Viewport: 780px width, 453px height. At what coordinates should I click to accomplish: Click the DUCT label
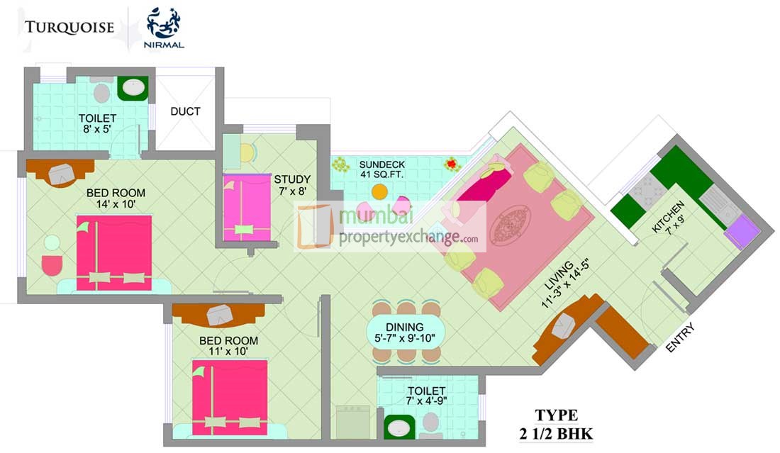(185, 111)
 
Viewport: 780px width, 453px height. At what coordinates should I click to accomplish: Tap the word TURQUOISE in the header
(69, 28)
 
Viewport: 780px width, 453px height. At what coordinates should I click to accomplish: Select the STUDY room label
(292, 179)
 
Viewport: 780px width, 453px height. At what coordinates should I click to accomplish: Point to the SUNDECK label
(382, 164)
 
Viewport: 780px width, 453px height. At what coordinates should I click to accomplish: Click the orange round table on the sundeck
(379, 191)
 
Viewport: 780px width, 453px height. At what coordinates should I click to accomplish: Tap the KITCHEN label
(667, 216)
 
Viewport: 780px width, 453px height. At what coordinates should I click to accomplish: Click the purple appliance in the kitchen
(742, 231)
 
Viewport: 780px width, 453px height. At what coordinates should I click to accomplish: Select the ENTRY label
(679, 337)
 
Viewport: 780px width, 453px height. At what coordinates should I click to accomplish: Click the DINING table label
(405, 328)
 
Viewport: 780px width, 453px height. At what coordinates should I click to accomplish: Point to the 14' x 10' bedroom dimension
(116, 204)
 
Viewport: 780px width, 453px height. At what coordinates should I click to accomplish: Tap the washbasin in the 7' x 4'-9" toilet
(399, 427)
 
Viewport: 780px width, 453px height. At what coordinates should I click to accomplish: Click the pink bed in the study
(247, 207)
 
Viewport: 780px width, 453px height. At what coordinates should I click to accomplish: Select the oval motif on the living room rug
(511, 225)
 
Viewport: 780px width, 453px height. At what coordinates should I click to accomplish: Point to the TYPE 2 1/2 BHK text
(556, 424)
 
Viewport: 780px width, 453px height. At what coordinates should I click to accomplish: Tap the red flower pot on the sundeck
(452, 164)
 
